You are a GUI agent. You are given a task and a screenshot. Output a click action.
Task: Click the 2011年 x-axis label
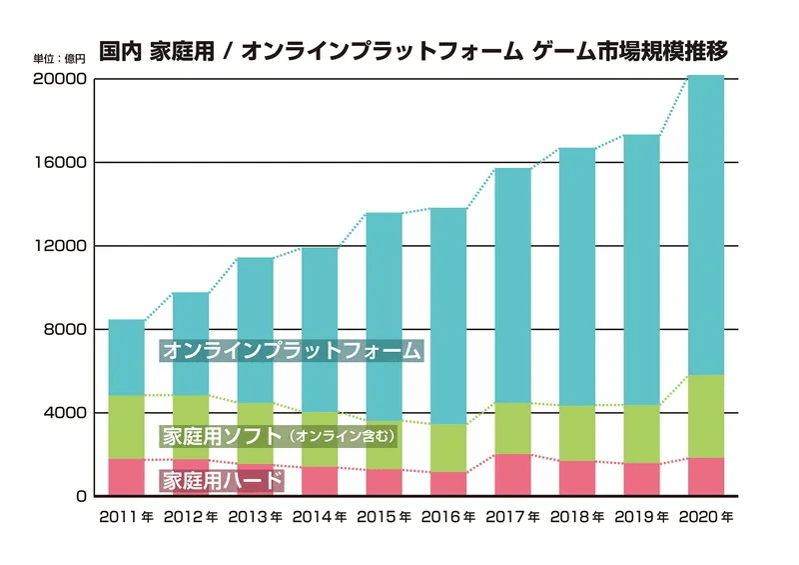[x=126, y=517]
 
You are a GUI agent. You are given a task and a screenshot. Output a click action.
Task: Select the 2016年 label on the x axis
[x=448, y=517]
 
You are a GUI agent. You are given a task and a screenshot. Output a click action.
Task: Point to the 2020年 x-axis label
[x=706, y=517]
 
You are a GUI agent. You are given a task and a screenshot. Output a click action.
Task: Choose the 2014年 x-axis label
[x=320, y=517]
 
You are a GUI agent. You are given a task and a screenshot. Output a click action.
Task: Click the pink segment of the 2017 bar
[x=513, y=475]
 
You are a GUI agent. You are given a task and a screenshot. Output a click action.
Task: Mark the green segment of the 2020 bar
[x=706, y=416]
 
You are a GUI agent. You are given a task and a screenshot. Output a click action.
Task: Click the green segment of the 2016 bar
[x=448, y=448]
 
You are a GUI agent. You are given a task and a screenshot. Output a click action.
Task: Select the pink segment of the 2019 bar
[x=642, y=479]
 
